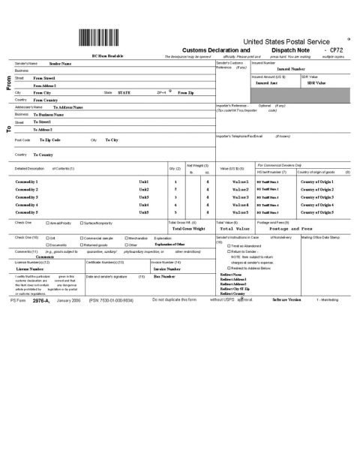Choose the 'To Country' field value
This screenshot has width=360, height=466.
[x=48, y=154]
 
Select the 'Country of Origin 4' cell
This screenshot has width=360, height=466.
[x=318, y=205]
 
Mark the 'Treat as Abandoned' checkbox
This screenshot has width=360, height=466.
[x=229, y=246]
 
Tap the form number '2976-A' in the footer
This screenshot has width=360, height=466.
[x=39, y=299]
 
